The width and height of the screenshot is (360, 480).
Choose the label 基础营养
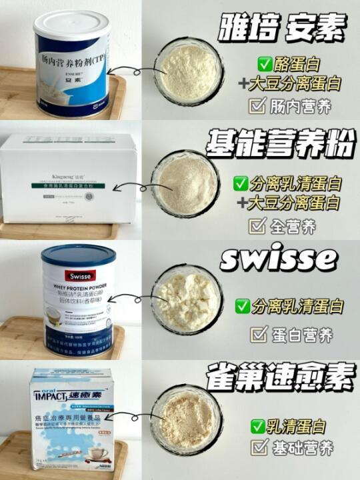point(299,449)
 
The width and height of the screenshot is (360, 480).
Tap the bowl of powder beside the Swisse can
point(186,298)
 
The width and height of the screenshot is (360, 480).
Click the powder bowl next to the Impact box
point(186,419)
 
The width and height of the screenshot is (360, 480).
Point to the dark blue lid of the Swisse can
point(79,255)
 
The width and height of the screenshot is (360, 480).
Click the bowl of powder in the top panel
point(188,71)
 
